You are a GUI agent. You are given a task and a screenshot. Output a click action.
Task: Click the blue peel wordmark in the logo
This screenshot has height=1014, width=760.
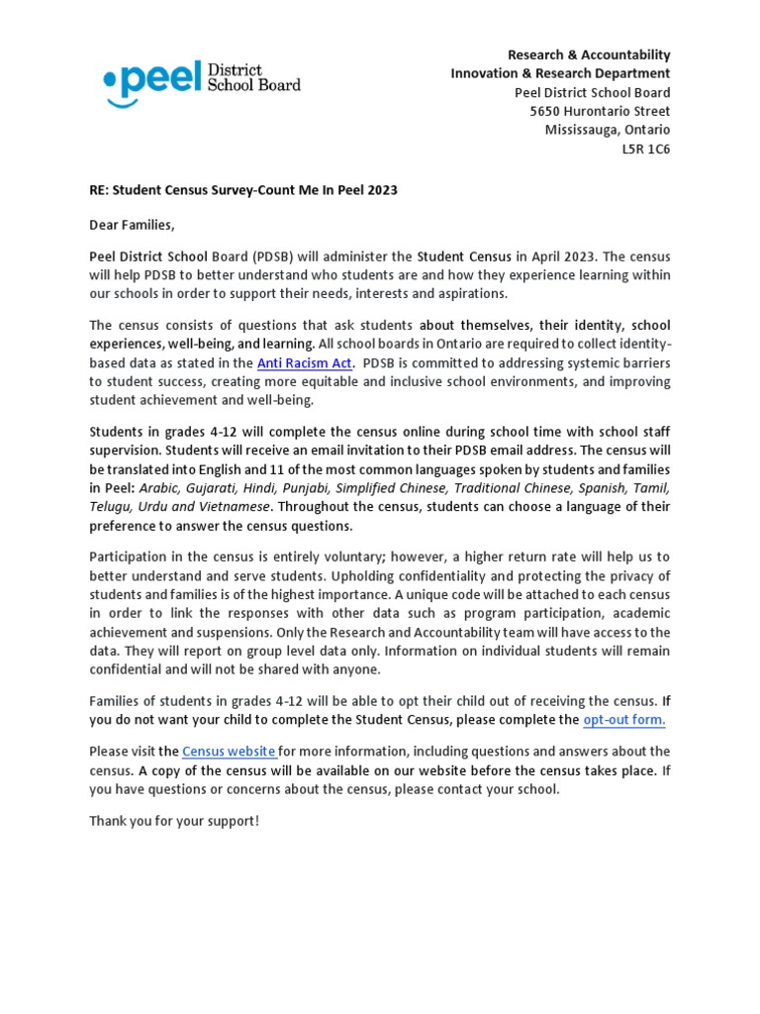[148, 81]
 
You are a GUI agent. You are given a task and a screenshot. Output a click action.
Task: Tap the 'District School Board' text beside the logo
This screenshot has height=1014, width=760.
[252, 78]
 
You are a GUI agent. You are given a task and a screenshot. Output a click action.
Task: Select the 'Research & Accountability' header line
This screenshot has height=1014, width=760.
[589, 54]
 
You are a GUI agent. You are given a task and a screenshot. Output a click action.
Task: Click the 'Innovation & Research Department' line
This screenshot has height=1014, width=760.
[560, 73]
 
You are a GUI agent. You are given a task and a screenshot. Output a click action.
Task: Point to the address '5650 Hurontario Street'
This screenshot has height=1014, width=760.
[600, 111]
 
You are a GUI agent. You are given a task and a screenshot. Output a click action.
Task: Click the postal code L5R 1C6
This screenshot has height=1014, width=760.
[645, 149]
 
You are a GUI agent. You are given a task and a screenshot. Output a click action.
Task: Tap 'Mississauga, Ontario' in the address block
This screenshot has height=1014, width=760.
[608, 130]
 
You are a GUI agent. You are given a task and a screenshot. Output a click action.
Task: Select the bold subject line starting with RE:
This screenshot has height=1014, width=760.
[243, 189]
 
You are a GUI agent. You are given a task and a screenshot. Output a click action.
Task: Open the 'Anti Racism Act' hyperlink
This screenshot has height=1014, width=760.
[304, 363]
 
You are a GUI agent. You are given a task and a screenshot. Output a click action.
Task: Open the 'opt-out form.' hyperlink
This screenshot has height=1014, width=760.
[623, 719]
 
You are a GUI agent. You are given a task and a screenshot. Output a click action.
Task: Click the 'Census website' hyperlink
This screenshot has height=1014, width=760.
[230, 752]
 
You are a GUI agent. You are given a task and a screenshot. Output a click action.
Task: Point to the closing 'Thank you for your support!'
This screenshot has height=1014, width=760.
[174, 821]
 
